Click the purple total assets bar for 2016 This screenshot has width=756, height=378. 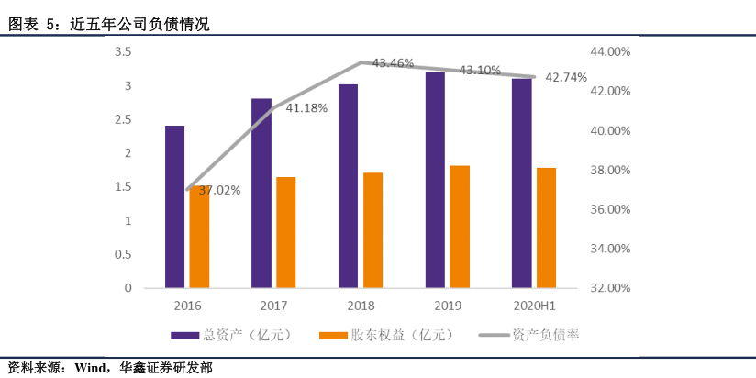pos(174,206)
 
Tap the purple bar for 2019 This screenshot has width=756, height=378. pos(435,180)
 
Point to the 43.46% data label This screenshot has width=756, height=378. pos(392,63)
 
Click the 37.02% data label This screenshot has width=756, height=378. pos(219,191)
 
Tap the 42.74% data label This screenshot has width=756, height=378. pos(566,78)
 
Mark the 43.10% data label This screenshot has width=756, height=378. pos(480,70)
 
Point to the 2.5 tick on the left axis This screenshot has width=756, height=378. pos(122,119)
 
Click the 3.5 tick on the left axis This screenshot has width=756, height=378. pos(122,52)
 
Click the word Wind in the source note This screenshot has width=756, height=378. pos(93,367)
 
